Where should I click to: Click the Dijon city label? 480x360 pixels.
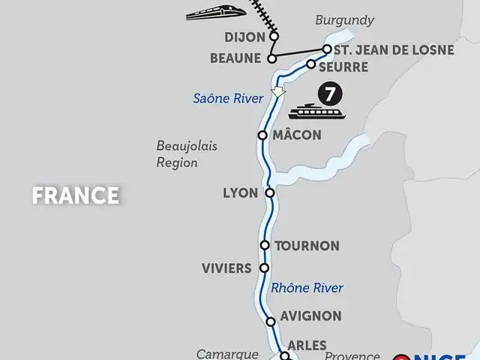(x=245, y=36)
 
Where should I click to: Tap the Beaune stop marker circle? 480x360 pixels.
(x=272, y=58)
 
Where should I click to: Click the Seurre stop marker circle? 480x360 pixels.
(x=311, y=64)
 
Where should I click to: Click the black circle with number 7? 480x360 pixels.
(x=327, y=94)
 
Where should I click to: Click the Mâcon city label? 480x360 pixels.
(x=296, y=136)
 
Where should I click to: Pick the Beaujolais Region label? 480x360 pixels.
(x=187, y=154)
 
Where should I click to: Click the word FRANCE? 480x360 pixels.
(x=76, y=196)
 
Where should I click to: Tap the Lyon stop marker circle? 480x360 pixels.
(x=270, y=193)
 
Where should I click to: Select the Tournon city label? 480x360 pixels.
(x=307, y=246)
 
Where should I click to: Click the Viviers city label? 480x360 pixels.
(x=226, y=268)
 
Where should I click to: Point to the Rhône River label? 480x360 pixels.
(x=307, y=288)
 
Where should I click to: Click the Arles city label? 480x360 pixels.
(x=307, y=346)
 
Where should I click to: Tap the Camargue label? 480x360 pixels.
(x=222, y=353)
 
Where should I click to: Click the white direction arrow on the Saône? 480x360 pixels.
(x=278, y=92)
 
